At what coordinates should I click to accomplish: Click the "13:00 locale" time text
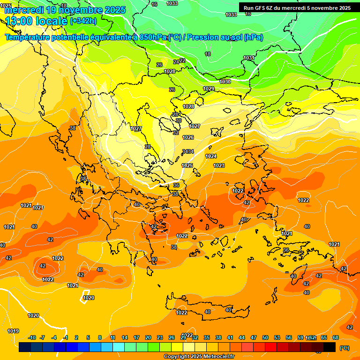click(36, 21)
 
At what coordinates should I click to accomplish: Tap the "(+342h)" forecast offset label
click(83, 21)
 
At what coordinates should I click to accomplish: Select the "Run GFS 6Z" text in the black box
click(261, 8)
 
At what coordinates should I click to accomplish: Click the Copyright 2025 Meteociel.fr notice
click(199, 357)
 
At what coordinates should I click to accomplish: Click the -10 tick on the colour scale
click(32, 337)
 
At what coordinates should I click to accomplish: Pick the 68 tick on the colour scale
click(336, 337)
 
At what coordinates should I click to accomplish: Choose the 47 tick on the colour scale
click(254, 337)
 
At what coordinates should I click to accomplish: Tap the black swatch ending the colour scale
click(330, 347)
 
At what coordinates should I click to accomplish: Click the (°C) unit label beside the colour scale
click(345, 348)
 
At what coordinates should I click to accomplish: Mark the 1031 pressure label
click(249, 58)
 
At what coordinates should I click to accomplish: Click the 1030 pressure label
click(225, 82)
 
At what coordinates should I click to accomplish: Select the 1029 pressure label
click(209, 89)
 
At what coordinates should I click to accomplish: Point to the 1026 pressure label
click(188, 137)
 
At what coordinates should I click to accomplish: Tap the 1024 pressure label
click(211, 156)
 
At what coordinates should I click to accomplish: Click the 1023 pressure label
click(219, 165)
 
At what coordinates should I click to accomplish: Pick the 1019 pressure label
click(13, 331)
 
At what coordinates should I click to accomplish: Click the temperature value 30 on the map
click(178, 120)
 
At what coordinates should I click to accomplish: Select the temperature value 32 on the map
click(176, 133)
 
